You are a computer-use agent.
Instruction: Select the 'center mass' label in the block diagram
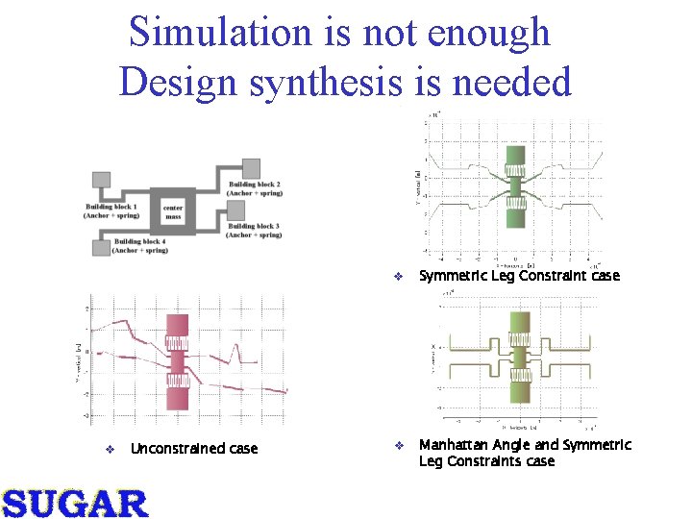[x=173, y=212]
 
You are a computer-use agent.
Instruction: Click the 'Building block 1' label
[x=111, y=210]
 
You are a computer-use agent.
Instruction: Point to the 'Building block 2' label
[x=254, y=188]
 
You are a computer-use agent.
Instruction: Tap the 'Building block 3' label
[x=254, y=230]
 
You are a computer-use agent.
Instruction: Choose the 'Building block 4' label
[x=139, y=246]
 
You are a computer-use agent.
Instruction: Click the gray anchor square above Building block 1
[x=102, y=180]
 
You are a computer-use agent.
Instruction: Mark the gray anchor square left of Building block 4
[x=100, y=248]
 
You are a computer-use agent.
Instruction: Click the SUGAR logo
[x=75, y=503]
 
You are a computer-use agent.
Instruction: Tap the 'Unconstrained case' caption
[x=193, y=449]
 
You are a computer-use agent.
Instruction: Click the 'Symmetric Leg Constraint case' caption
[x=519, y=276]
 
